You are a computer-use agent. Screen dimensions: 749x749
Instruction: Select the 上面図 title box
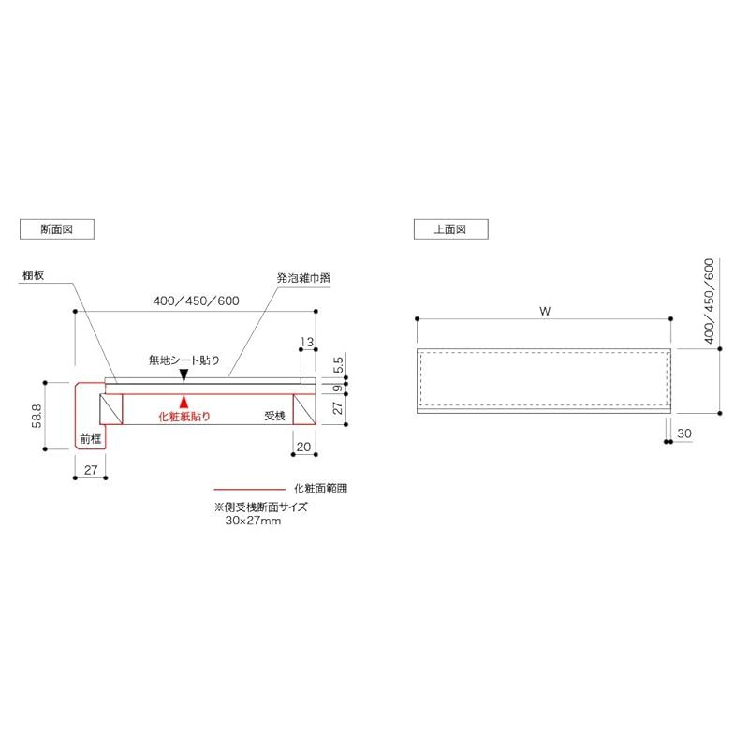click(x=450, y=228)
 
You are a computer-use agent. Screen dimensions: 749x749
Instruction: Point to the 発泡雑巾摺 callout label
click(x=303, y=278)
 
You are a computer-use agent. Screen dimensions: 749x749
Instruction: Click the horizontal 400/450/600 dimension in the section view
click(x=196, y=301)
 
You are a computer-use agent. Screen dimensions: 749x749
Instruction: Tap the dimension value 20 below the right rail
click(x=303, y=447)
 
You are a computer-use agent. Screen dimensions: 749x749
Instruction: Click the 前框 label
click(x=90, y=437)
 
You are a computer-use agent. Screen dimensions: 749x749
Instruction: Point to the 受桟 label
click(x=273, y=416)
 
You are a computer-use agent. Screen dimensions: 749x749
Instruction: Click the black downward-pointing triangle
click(x=184, y=374)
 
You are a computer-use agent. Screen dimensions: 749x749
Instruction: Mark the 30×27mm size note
click(x=253, y=520)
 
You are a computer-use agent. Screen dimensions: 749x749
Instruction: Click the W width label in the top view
click(x=544, y=311)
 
